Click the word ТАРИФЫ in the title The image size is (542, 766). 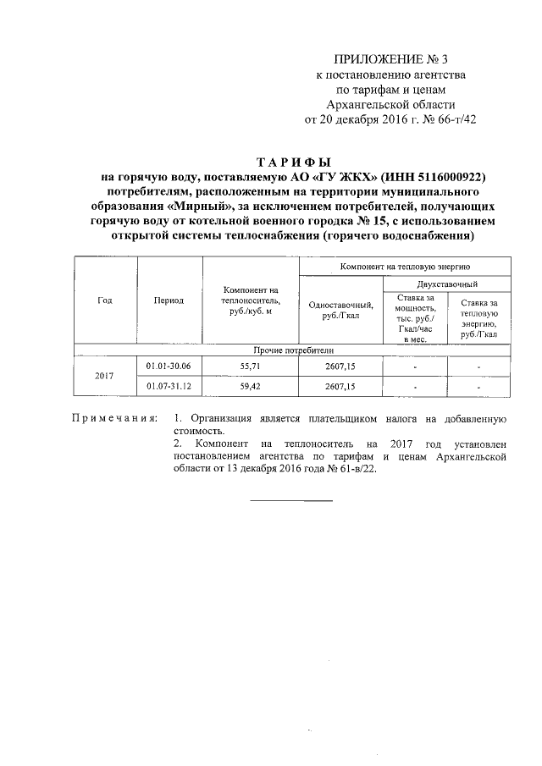293,161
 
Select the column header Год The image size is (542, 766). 104,300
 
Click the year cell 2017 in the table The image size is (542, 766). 104,376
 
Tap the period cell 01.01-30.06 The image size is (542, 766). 169,366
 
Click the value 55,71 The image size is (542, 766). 251,366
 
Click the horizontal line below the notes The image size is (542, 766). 291,500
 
